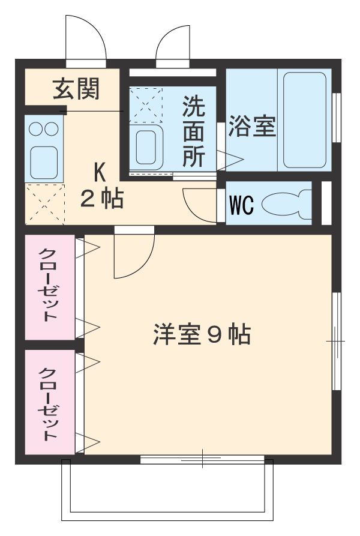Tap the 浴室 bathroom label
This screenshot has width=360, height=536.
pos(252,127)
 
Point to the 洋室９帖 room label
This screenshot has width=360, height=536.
pos(201,335)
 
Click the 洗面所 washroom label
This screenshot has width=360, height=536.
pos(193,132)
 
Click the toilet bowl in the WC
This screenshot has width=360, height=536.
pos(286,203)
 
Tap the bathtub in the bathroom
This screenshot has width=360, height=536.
pos(305,120)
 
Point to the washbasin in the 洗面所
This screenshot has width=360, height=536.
pos(147,147)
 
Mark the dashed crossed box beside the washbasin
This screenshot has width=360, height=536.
pos(146,105)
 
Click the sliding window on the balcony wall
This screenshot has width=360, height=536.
pos(202,460)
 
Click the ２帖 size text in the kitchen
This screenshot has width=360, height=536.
pos(103,199)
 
